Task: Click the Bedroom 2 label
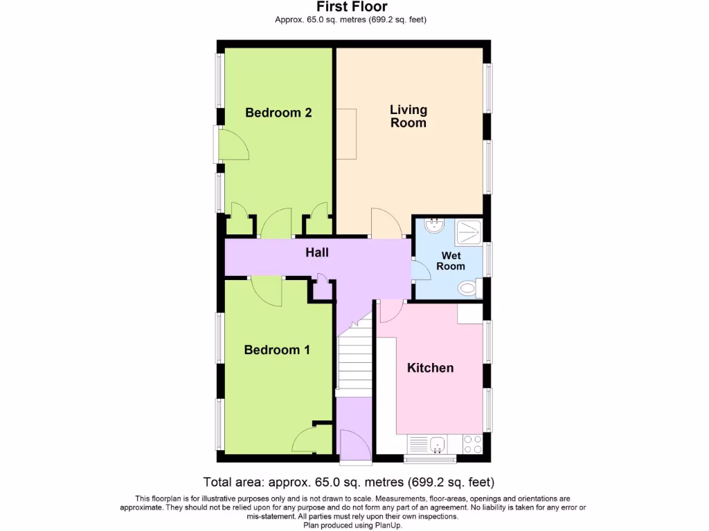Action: [278, 113]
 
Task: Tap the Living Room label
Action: [409, 116]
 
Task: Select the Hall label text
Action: [317, 253]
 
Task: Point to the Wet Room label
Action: [451, 261]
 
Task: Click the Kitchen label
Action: [430, 368]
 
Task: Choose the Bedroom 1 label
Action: [277, 351]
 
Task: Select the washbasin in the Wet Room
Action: [434, 225]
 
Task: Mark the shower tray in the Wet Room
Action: [468, 232]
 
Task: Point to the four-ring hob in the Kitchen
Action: [473, 444]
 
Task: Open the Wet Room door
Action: [420, 270]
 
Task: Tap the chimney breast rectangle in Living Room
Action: [346, 134]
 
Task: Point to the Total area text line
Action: [348, 482]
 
